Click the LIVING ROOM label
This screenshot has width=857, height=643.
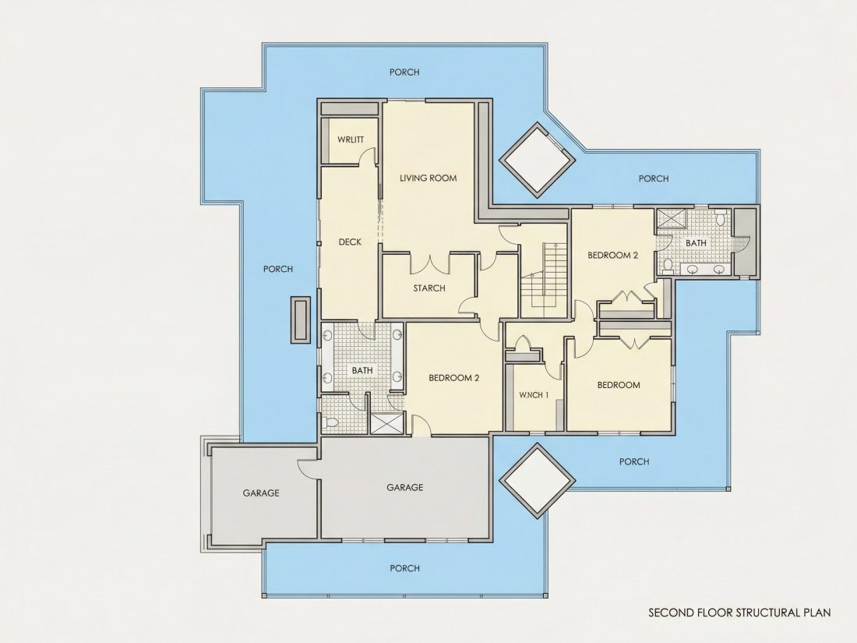tap(428, 178)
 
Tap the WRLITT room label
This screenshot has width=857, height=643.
tap(351, 140)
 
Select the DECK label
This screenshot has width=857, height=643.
tap(350, 242)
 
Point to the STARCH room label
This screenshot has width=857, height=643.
tap(429, 288)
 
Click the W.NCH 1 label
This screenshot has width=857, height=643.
tap(534, 395)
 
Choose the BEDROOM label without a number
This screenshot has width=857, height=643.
tap(619, 385)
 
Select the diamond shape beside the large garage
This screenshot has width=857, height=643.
tap(538, 480)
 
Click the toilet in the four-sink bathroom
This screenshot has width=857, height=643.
tap(330, 422)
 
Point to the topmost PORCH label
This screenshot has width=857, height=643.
tap(404, 72)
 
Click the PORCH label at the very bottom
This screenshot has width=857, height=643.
tap(404, 568)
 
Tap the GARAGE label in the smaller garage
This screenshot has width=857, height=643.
tap(261, 493)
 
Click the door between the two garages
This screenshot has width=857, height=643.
tap(308, 470)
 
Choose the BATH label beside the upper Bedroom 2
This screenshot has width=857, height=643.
tap(696, 242)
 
